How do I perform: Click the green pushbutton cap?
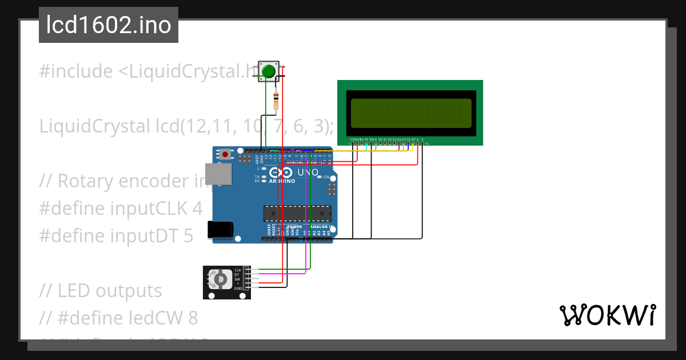point(268,71)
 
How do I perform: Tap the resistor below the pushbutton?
point(277,101)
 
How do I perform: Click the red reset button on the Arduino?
point(226,154)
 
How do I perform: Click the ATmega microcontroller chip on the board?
point(297,213)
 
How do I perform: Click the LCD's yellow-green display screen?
point(410,113)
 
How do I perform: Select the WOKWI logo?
point(607,315)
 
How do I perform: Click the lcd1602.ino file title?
point(109,25)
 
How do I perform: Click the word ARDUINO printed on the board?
point(282,181)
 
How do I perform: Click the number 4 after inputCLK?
point(197,209)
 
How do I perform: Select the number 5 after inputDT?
point(188,235)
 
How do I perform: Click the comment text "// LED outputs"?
point(101,291)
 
